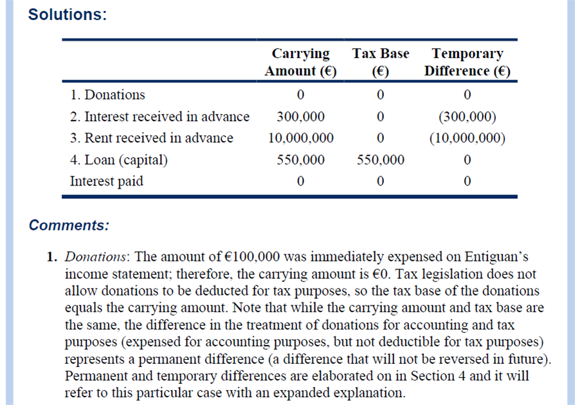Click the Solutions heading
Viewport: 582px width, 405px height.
click(67, 15)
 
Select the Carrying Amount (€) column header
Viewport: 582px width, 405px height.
click(300, 62)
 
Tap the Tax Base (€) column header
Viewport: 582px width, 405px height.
click(380, 62)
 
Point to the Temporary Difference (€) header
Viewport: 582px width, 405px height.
click(467, 62)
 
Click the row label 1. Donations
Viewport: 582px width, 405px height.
click(108, 95)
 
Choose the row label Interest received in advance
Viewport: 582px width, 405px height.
click(159, 117)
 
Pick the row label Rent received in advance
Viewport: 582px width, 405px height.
click(152, 138)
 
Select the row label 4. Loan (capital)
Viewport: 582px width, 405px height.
click(118, 160)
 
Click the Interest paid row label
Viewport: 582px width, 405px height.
click(106, 181)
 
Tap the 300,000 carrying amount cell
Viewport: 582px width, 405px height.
click(300, 117)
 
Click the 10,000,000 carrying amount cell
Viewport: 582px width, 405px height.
click(300, 138)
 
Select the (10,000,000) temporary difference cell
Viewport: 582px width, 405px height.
click(467, 138)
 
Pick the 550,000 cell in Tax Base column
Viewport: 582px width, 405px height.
click(380, 160)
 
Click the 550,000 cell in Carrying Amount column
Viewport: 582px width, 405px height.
click(300, 160)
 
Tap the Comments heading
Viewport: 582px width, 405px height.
click(69, 225)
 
